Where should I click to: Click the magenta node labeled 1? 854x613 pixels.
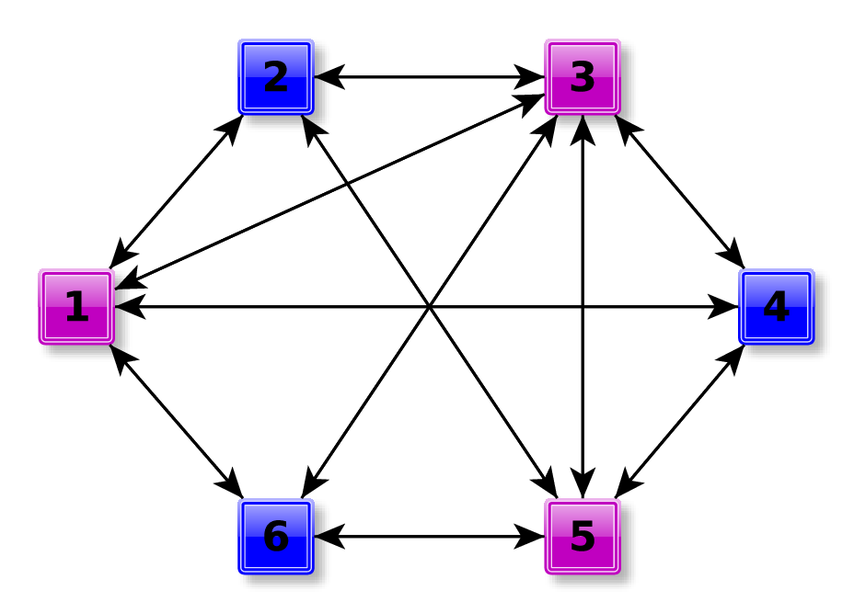(75, 307)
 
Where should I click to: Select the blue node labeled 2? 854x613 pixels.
(276, 77)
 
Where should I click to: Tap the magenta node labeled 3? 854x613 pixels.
(583, 77)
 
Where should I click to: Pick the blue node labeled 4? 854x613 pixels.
(776, 307)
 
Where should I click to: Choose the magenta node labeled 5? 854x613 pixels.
(583, 537)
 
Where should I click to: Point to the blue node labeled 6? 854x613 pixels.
(276, 537)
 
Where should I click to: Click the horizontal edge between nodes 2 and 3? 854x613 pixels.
(429, 77)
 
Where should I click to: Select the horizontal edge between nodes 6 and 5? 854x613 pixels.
(429, 537)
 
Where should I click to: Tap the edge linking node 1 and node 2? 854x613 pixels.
(176, 191)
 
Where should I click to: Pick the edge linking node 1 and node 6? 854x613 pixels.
(176, 423)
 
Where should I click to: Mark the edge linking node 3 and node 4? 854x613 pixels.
(679, 191)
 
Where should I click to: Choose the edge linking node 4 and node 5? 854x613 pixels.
(679, 423)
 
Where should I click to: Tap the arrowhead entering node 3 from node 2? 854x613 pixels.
(531, 77)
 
